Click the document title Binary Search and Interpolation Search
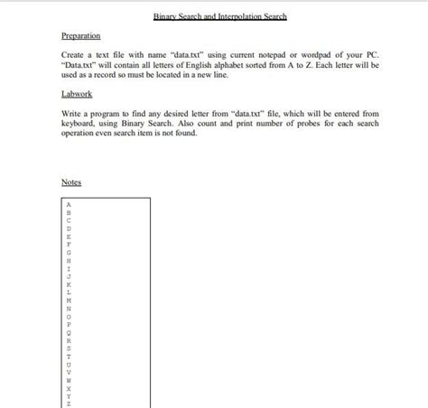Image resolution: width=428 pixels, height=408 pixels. click(x=220, y=17)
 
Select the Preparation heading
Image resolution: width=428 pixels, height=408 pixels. click(x=80, y=36)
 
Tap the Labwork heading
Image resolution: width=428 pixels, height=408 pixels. click(x=77, y=94)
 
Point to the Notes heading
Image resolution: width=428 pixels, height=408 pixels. click(x=71, y=182)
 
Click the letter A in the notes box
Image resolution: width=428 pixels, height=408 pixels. click(x=69, y=204)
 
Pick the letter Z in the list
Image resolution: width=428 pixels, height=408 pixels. click(x=69, y=403)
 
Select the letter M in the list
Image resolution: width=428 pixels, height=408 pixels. click(x=69, y=300)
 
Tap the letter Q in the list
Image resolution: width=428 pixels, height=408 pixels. click(x=69, y=331)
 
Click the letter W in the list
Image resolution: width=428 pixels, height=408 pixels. click(x=69, y=379)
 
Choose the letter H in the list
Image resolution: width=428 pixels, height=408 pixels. click(x=69, y=260)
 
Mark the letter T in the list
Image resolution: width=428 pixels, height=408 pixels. click(x=69, y=356)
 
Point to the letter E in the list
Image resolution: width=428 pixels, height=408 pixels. click(x=69, y=236)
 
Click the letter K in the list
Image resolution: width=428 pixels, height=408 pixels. click(x=69, y=283)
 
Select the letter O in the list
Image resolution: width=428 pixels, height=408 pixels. click(x=69, y=316)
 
